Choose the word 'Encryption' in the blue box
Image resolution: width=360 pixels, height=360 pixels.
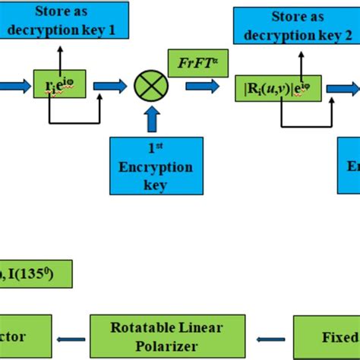click(156, 167)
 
